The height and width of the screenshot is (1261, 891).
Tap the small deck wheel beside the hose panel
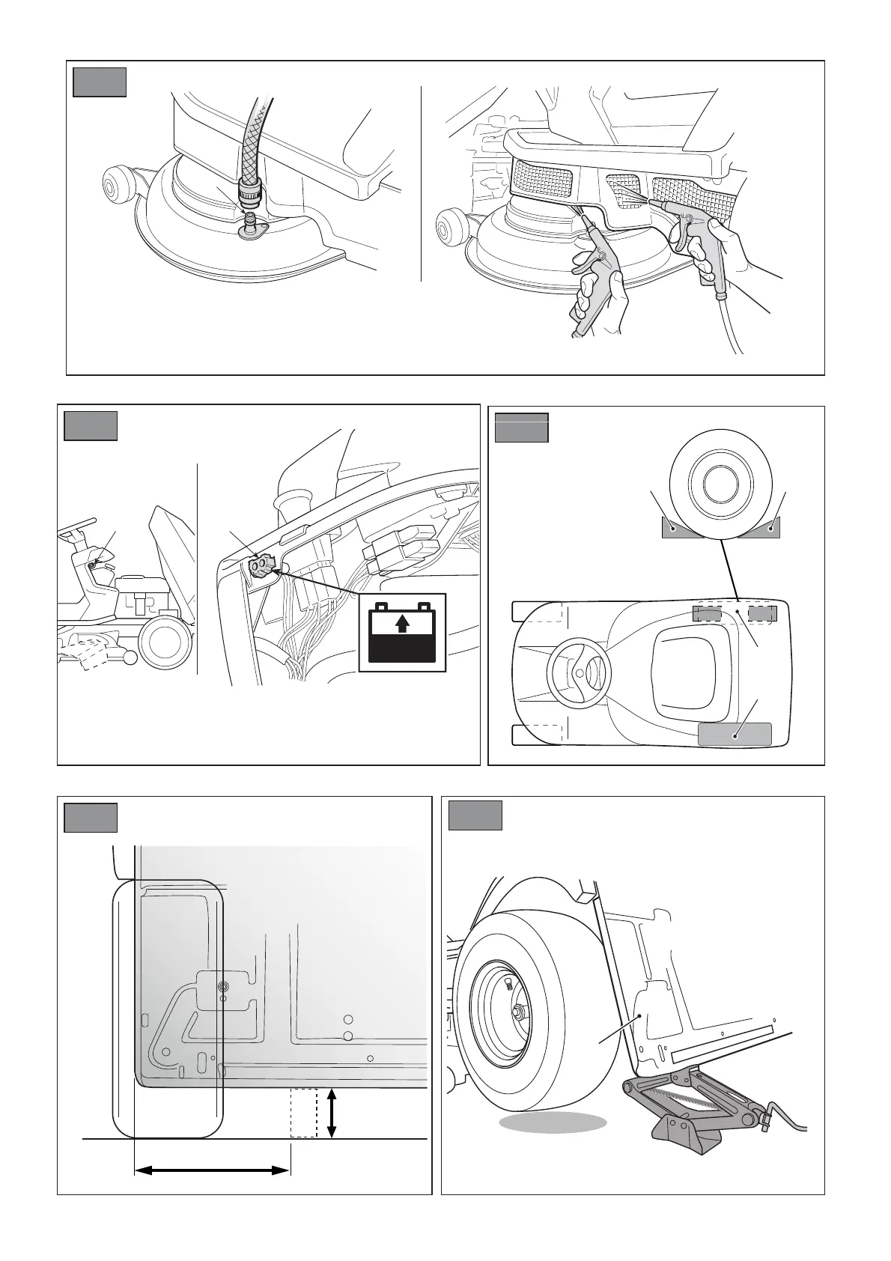[x=117, y=183]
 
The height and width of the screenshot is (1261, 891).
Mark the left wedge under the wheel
[x=676, y=528]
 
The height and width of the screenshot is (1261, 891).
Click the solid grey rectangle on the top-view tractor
[x=735, y=734]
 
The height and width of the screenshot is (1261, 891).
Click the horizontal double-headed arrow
[x=211, y=1170]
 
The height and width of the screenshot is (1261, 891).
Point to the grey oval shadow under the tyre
[x=553, y=1143]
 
